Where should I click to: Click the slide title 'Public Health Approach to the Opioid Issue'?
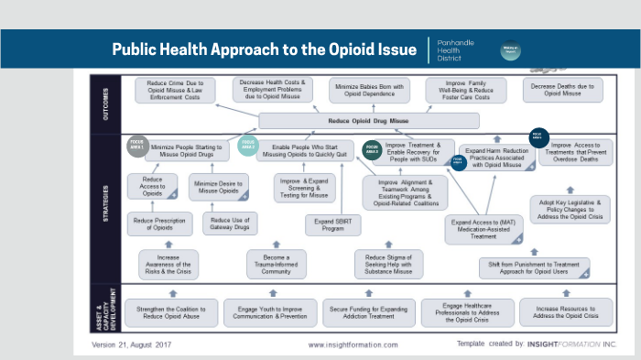pyautogui.click(x=264, y=49)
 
